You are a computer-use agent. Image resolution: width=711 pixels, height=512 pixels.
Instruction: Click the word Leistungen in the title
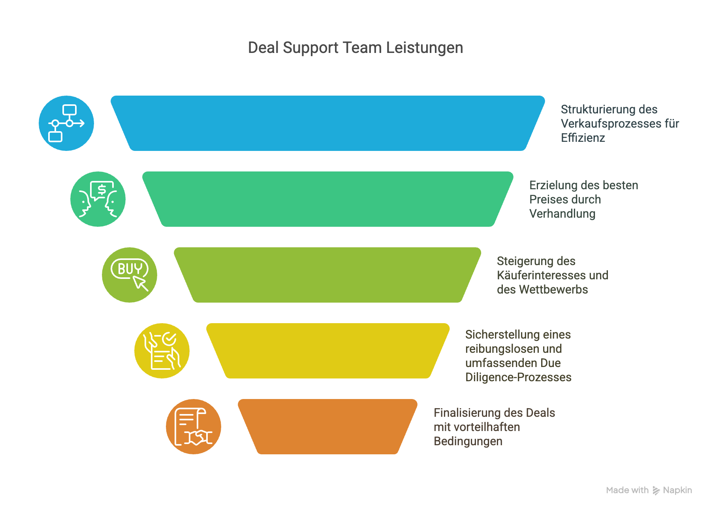(424, 48)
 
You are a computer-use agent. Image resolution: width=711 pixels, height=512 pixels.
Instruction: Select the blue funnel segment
(328, 123)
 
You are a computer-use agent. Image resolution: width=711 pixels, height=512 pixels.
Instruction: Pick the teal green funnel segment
(328, 199)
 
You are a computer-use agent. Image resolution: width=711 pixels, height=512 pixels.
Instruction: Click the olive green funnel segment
(328, 275)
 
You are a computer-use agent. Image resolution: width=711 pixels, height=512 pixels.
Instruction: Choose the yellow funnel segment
(328, 350)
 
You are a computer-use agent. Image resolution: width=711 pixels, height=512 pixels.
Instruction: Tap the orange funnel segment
(328, 426)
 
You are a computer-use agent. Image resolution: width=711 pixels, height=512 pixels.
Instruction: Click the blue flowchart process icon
(66, 123)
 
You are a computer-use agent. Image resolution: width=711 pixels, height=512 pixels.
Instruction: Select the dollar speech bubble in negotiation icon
(102, 190)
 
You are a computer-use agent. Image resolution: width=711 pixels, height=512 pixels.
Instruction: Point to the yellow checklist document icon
(162, 350)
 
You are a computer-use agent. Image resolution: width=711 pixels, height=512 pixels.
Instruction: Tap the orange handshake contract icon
(194, 426)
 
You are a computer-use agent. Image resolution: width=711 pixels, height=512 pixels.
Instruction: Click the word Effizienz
(583, 138)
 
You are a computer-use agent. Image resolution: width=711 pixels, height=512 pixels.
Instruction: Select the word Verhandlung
(562, 214)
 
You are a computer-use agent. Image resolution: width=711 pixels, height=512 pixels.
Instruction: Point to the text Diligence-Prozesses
(518, 377)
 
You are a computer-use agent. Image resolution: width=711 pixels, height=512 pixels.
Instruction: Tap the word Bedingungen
(468, 441)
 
